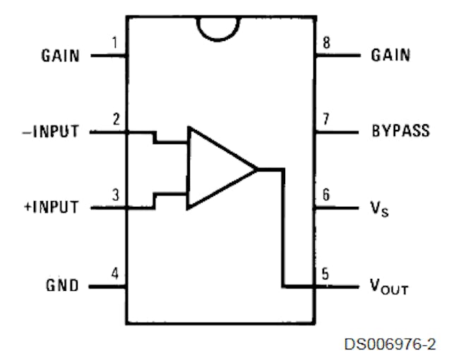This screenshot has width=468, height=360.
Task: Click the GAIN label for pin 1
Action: pos(61,56)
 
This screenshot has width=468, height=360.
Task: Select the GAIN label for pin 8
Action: pos(390,55)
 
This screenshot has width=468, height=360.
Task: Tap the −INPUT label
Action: pos(51,131)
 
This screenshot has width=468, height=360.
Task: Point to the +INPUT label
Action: pos(52,207)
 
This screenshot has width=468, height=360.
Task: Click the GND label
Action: pos(62,285)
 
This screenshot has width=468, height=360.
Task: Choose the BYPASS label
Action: pos(401,131)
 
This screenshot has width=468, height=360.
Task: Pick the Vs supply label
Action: pos(379,209)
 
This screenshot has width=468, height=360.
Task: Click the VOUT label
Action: pos(389,287)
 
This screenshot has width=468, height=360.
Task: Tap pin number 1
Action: pos(115,42)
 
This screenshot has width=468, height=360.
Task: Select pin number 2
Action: pos(116,119)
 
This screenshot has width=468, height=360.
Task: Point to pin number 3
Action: pos(116,195)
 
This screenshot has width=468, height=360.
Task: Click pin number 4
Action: pos(115,273)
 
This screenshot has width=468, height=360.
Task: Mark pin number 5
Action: pos(325,274)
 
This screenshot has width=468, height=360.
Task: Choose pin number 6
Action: pos(326,195)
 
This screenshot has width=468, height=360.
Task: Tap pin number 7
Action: pos(326,119)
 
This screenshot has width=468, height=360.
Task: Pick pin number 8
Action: pos(327,42)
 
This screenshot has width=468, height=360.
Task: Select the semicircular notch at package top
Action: pos(217,40)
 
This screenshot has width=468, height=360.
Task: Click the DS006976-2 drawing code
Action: pos(390,344)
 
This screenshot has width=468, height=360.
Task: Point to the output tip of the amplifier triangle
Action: pos(258,169)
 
